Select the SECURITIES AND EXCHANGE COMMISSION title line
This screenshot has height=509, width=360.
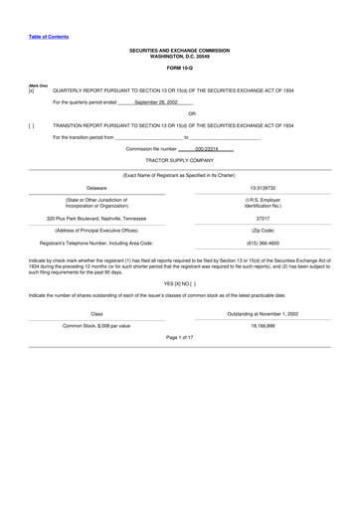(x=180, y=48)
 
